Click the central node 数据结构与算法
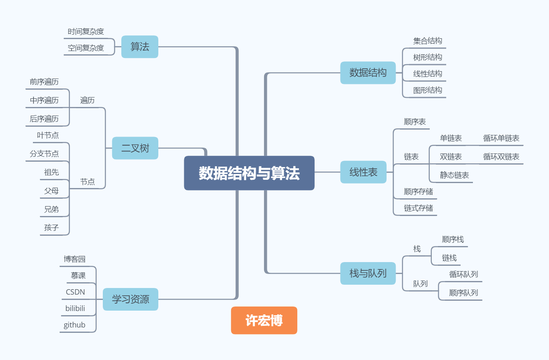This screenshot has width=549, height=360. click(249, 173)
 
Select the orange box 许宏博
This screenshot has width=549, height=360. click(264, 321)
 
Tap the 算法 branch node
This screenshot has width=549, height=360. click(140, 46)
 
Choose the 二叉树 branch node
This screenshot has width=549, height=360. click(135, 148)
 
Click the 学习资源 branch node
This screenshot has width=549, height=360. click(130, 299)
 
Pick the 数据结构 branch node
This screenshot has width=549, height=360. click(368, 73)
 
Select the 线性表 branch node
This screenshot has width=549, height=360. click(363, 172)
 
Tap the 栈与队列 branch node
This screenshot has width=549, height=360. click(368, 273)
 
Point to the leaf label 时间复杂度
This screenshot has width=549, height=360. click(86, 31)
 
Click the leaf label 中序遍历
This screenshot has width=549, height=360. click(44, 100)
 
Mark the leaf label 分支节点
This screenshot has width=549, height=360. click(44, 153)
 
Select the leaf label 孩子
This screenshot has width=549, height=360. click(51, 228)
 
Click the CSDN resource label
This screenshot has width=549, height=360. click(75, 292)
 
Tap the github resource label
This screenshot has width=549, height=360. click(74, 325)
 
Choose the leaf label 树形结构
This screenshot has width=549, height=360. click(428, 57)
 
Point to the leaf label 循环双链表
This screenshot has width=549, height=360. click(501, 156)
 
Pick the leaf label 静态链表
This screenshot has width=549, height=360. click(454, 175)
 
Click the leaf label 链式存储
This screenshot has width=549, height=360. click(418, 208)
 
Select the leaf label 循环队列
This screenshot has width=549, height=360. click(463, 274)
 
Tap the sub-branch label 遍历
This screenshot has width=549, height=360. click(87, 100)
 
